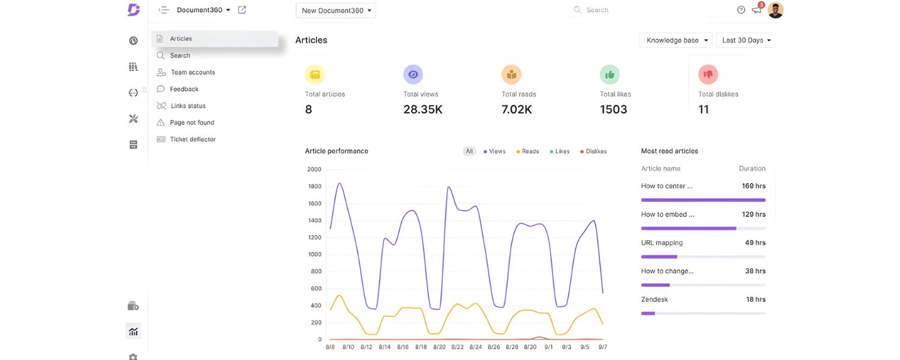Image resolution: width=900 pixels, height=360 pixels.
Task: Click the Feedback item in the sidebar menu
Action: [x=184, y=89]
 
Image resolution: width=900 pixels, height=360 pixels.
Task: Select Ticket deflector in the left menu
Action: [x=192, y=139]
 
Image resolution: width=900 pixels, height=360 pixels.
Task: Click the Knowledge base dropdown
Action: [x=676, y=40]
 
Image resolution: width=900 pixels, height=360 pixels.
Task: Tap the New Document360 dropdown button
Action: [x=336, y=10]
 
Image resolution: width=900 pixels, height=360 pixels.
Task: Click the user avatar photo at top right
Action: [x=775, y=10]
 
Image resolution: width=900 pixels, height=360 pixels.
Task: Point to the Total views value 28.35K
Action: [x=423, y=109]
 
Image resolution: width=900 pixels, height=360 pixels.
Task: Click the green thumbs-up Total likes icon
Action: [x=610, y=74]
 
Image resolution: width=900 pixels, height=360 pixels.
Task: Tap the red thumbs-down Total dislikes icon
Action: [x=708, y=74]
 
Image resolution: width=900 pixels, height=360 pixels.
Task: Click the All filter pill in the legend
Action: [x=469, y=151]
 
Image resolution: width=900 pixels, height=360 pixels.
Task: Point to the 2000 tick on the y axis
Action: [x=314, y=169]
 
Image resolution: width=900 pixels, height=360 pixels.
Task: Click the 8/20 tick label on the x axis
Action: [x=439, y=347]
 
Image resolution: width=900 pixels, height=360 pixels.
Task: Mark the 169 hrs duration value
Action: [x=753, y=186]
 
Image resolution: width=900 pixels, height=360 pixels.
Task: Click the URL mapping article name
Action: [x=662, y=243]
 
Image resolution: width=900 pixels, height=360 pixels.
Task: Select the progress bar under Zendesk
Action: [x=703, y=313]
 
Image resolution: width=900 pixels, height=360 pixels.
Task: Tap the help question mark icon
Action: [x=741, y=10]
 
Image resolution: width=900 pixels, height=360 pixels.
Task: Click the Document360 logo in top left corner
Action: [x=134, y=10]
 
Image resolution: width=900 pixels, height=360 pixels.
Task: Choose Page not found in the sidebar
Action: [x=191, y=122]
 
